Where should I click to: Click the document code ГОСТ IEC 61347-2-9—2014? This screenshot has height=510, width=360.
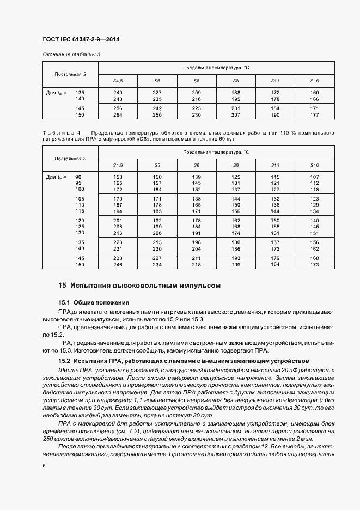click(81, 40)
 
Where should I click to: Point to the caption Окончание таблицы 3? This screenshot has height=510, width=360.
click(71, 54)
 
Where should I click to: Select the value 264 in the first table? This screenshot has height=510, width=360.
click(118, 115)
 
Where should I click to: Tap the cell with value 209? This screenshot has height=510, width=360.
click(197, 92)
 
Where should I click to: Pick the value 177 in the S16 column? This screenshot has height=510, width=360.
click(314, 115)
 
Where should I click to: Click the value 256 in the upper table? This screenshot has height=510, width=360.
click(118, 108)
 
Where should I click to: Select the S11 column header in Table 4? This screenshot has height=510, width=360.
click(275, 165)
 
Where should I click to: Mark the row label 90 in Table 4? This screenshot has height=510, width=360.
click(78, 177)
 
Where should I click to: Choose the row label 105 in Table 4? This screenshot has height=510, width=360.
click(80, 198)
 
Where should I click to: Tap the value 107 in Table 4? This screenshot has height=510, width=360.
click(314, 177)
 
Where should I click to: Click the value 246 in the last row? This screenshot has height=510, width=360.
click(118, 264)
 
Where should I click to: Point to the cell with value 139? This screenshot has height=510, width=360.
click(197, 177)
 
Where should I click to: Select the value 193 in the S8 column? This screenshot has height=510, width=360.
click(236, 258)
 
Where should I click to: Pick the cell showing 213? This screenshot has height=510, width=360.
click(157, 241)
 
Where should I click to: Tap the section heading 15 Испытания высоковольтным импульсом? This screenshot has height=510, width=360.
click(139, 285)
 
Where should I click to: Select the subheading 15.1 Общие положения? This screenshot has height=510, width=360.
click(93, 302)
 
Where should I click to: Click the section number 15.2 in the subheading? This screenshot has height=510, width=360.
click(65, 361)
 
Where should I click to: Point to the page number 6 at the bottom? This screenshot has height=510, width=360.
click(44, 465)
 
